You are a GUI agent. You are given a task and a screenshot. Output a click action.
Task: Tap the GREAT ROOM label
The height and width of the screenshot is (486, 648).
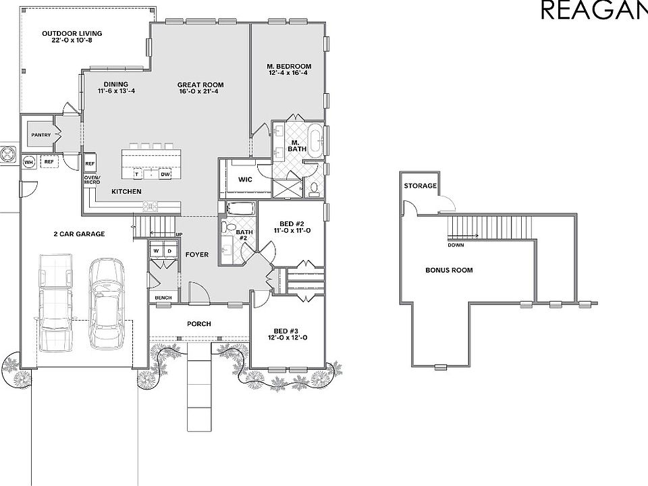[200, 89]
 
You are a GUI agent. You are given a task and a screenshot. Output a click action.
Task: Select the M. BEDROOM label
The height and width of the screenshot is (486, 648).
[290, 70]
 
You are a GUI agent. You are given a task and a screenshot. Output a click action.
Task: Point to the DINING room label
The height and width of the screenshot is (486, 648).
[116, 88]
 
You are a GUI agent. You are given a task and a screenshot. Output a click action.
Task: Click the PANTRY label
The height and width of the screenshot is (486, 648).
[40, 135]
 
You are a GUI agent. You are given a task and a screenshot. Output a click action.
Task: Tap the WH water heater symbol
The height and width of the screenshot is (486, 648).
[29, 162]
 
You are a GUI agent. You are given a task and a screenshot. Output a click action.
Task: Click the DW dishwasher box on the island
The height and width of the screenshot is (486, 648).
[165, 174]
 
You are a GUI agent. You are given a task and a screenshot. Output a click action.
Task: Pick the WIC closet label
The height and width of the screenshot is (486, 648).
[244, 180]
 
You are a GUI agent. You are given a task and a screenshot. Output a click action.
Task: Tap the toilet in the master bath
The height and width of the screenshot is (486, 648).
[314, 188]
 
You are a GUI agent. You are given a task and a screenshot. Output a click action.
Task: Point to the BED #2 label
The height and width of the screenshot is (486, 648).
[292, 227]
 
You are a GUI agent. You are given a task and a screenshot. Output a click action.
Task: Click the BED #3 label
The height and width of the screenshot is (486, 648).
[288, 334]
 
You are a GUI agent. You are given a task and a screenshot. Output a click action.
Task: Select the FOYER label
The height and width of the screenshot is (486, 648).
[197, 254]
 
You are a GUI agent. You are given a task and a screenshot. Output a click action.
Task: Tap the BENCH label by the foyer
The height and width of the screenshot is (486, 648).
[163, 298]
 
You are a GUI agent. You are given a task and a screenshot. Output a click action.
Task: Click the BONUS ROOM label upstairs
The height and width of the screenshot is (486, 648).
[449, 270]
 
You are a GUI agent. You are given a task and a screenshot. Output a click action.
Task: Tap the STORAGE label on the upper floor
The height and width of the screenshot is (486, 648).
[420, 186]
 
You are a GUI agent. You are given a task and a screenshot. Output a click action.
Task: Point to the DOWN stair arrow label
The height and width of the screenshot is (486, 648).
[456, 245]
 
